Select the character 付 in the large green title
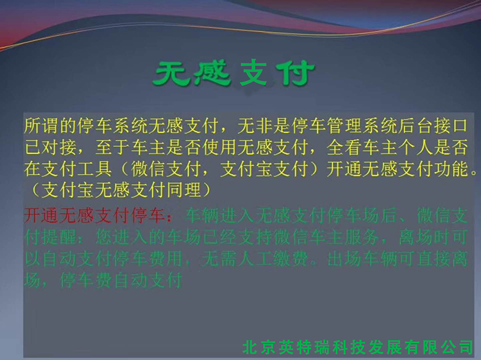[x=296, y=73]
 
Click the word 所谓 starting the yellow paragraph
[x=42, y=125]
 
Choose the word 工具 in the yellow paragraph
[x=95, y=169]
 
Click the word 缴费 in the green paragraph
[x=291, y=259]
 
